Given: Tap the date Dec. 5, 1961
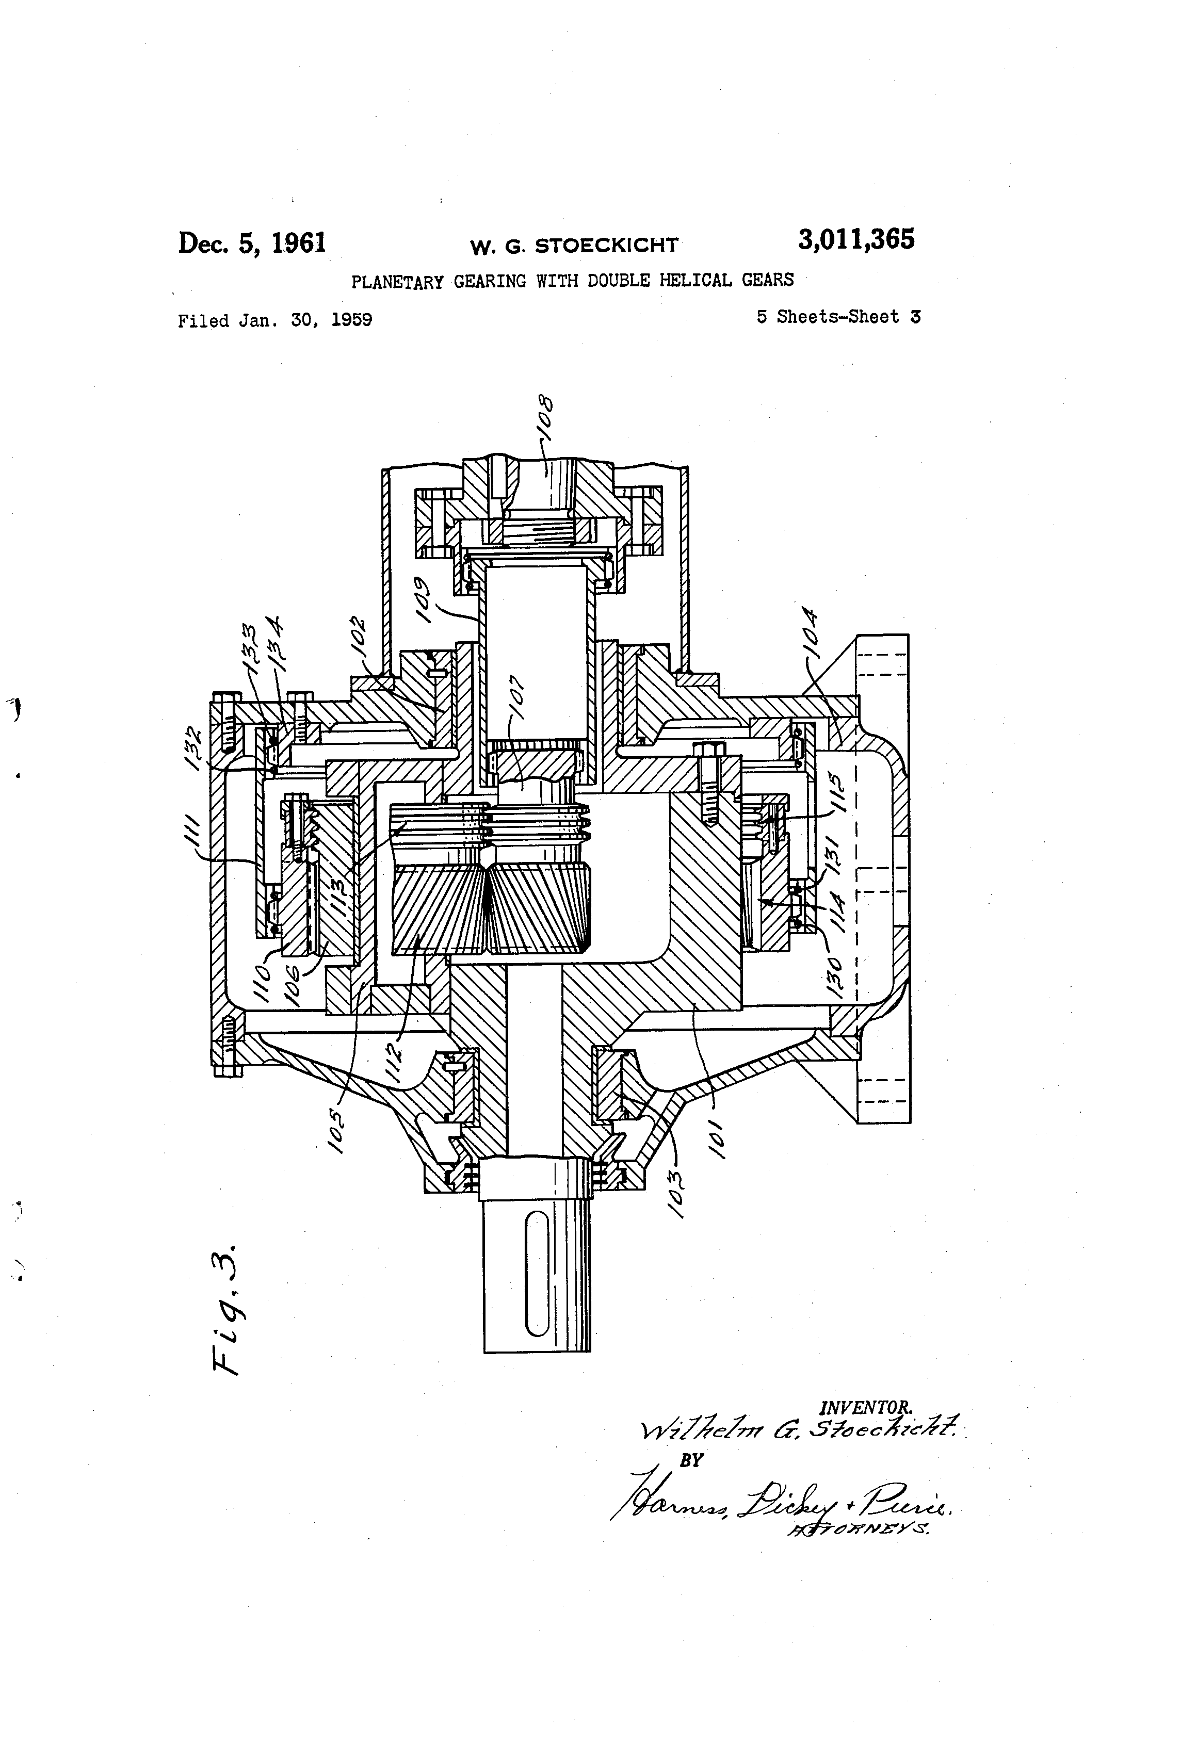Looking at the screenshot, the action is (252, 243).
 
